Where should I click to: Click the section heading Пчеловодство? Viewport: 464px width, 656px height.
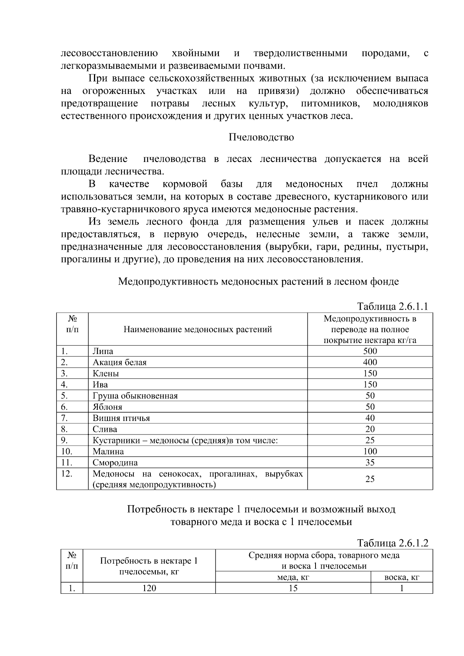(x=261, y=137)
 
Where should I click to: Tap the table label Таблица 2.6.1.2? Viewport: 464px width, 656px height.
(x=392, y=543)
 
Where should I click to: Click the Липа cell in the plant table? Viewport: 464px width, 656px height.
(x=103, y=351)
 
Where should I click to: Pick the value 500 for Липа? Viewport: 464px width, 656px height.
(x=370, y=351)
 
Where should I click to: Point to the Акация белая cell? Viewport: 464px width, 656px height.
(x=119, y=363)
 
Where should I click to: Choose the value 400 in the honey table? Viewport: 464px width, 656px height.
(x=370, y=363)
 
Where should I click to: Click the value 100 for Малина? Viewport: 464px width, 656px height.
(x=370, y=452)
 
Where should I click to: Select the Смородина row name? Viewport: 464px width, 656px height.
(x=115, y=463)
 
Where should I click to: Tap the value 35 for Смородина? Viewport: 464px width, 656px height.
(x=370, y=463)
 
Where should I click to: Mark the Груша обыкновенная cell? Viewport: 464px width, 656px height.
(x=135, y=396)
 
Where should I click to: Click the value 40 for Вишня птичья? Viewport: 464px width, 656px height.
(x=370, y=418)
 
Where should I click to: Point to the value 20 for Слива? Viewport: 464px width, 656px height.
(x=370, y=429)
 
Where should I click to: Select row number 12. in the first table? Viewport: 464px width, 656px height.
(x=67, y=474)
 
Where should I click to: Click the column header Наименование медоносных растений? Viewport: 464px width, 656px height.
(x=198, y=329)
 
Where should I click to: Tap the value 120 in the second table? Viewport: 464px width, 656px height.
(x=149, y=588)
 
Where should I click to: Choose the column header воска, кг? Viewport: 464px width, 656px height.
(x=401, y=578)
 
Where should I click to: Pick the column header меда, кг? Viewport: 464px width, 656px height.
(x=293, y=578)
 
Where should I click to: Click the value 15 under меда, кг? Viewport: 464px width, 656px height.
(x=293, y=588)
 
